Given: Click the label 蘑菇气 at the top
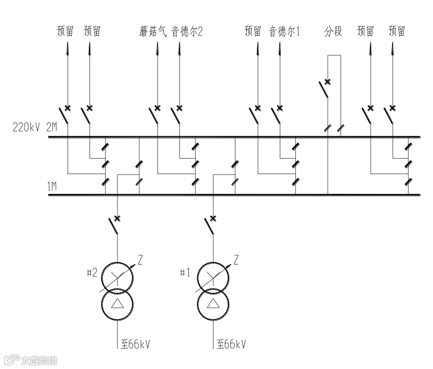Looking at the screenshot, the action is click(150, 31).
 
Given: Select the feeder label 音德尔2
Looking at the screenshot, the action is click(187, 31).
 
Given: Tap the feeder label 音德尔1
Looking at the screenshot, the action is click(284, 31).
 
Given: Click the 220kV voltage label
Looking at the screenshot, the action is click(26, 128).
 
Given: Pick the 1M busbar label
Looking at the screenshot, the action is click(52, 186).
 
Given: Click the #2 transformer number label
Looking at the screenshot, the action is click(91, 273).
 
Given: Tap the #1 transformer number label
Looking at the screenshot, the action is click(185, 273).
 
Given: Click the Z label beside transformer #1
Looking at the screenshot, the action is click(236, 260).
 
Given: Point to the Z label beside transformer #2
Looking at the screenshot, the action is click(140, 260).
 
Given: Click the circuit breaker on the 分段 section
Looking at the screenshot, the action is click(324, 88).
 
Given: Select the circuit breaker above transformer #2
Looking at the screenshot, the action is click(114, 224).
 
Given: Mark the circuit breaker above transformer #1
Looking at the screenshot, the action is click(210, 224).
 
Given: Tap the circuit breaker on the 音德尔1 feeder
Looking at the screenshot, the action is click(277, 114).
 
